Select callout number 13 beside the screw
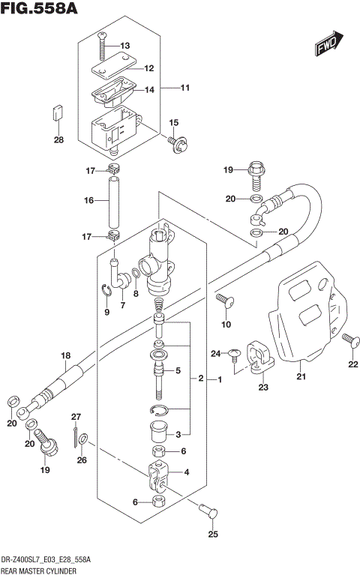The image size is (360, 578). [124, 46]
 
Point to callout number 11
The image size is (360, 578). [184, 88]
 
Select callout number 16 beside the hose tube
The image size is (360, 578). [88, 200]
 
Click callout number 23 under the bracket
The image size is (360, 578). [263, 387]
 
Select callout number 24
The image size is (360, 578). [214, 353]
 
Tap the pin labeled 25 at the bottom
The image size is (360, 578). [211, 513]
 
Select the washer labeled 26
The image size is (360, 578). [83, 439]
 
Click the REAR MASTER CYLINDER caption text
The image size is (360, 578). [42, 571]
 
